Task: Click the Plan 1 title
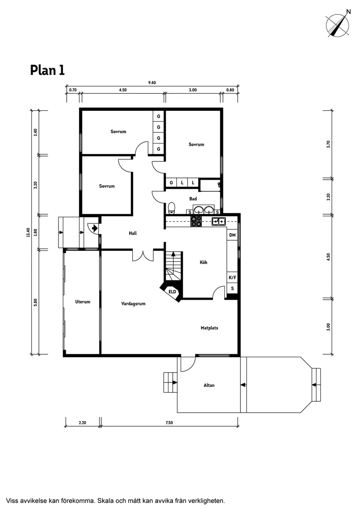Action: pos(47,70)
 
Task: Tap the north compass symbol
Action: pos(339,24)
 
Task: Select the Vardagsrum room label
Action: pos(133,304)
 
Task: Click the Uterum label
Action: pos(82,302)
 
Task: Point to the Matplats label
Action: pos(209,328)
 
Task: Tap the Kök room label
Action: pos(204,263)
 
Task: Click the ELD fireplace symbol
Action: pos(172,292)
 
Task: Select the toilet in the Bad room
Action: pos(171,208)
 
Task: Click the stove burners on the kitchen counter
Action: pos(196,222)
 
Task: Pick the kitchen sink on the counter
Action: pos(218,222)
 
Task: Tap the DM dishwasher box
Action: pos(232,236)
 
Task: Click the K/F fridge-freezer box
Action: pos(232,277)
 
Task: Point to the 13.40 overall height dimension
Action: pos(28,232)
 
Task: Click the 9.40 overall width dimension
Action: pos(152,83)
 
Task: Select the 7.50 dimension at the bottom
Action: pos(169,422)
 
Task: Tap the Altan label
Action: pos(209,385)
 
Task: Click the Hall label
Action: pos(133,233)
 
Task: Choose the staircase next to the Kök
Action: pos(173,267)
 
